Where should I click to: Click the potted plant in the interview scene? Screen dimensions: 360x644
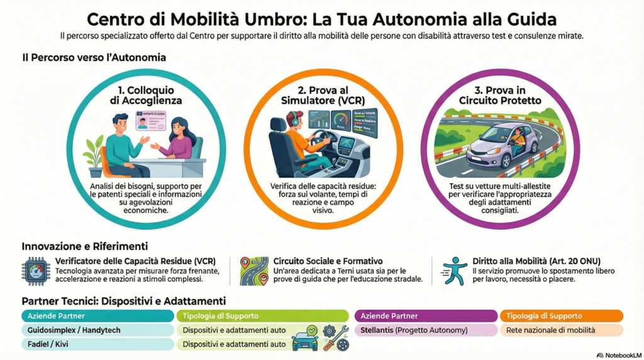click(94, 155)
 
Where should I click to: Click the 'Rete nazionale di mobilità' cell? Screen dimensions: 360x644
click(561, 330)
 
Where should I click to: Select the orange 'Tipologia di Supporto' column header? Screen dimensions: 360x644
click(561, 316)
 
